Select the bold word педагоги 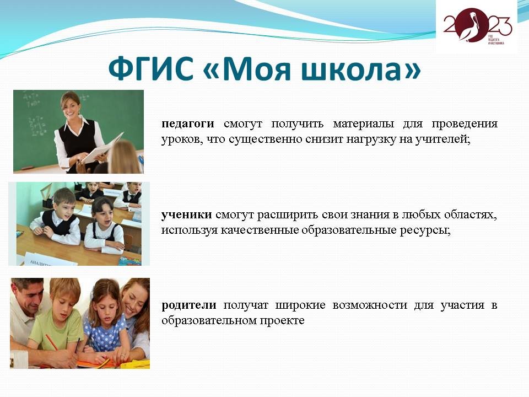[188, 124]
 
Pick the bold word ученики [187, 214]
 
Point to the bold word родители [189, 305]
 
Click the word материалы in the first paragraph [363, 124]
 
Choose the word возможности [370, 305]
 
